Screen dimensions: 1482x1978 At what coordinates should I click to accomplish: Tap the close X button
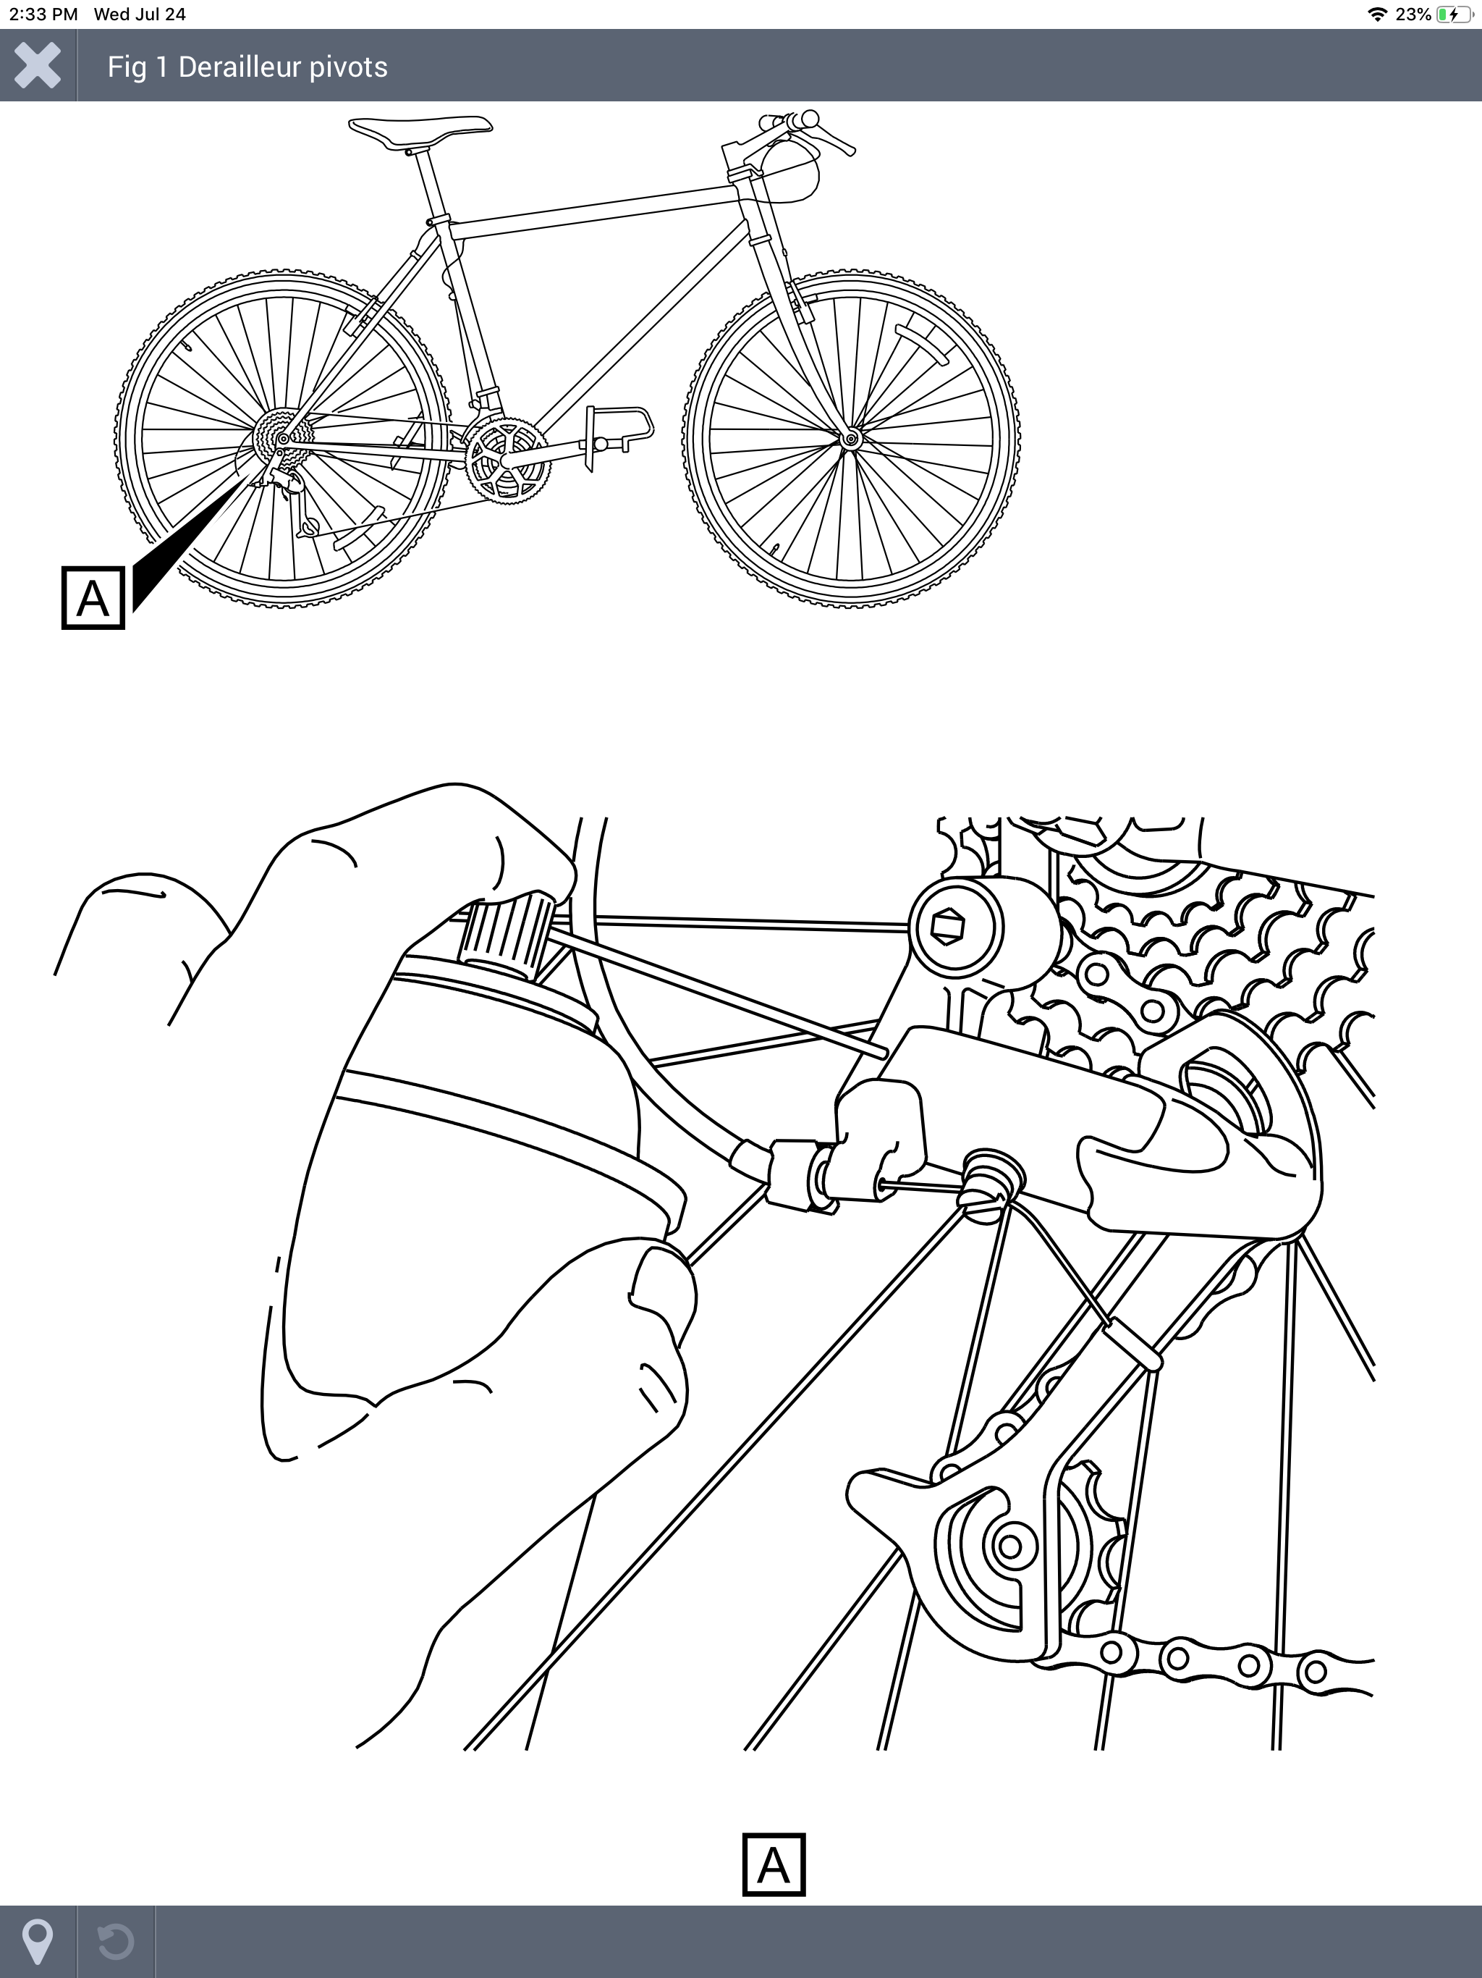(38, 65)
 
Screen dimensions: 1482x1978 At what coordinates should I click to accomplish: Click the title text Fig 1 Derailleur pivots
(247, 67)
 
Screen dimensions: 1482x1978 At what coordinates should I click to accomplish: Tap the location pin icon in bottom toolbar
(38, 1940)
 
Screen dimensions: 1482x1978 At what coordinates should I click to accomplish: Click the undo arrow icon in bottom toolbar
(115, 1941)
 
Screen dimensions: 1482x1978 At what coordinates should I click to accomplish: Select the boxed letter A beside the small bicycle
(93, 598)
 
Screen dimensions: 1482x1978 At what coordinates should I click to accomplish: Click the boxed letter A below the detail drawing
(774, 1865)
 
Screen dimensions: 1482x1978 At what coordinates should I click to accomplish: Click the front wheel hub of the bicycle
(850, 438)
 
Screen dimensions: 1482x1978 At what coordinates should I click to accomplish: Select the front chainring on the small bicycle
(507, 460)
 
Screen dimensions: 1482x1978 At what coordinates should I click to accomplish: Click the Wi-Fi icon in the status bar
(1377, 14)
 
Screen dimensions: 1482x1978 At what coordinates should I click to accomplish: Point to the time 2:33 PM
(43, 14)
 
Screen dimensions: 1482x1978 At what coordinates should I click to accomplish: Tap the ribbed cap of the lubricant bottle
(506, 937)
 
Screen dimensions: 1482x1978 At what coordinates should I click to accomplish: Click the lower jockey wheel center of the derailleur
(1011, 1546)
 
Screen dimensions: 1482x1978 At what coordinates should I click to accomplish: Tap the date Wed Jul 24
(140, 14)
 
